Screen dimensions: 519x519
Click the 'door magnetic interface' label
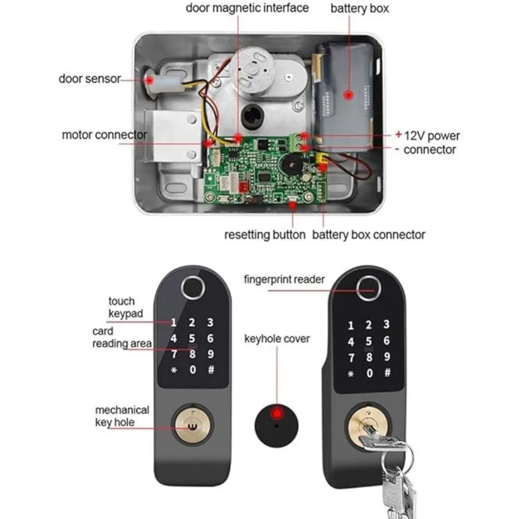coord(247,8)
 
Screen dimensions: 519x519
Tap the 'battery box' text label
coord(360,9)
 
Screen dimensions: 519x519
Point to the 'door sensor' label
coord(89,79)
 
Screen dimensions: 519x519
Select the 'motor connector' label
coord(104,135)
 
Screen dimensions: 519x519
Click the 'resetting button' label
coord(265,235)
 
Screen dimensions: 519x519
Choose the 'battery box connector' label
coord(368,235)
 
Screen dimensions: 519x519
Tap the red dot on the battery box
coord(348,95)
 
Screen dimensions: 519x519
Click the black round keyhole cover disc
coord(277,426)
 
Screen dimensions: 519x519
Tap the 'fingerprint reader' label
coord(284,279)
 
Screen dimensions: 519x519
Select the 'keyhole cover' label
coord(277,339)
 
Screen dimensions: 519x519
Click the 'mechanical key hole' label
coord(122,416)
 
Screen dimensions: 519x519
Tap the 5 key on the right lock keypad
coord(368,342)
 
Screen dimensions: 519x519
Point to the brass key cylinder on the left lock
coord(193,425)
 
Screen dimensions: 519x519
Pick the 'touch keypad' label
coord(126,307)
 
